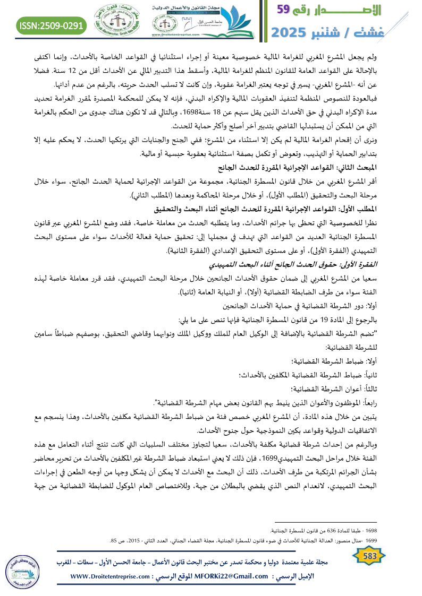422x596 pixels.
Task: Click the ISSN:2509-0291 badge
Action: click(x=52, y=25)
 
